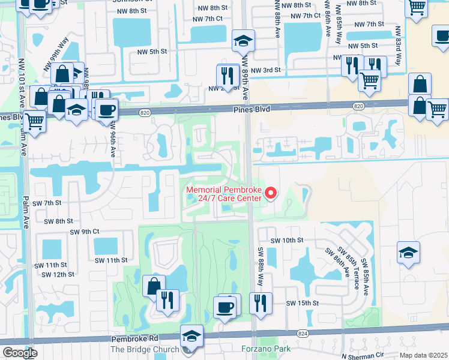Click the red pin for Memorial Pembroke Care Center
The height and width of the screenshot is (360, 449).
point(270,193)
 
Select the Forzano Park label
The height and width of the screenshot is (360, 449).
point(265,349)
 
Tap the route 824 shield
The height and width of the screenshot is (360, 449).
point(302,333)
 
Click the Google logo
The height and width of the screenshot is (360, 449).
point(19,353)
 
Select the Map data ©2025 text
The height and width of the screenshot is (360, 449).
point(423,355)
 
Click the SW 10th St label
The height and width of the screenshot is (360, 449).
point(287,240)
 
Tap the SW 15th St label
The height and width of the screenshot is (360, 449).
point(302,304)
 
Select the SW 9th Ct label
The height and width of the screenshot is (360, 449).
point(84,232)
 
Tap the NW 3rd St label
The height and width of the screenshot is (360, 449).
point(266,70)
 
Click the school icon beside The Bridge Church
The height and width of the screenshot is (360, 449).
point(191,335)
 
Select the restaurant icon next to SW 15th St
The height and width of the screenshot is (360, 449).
point(259,303)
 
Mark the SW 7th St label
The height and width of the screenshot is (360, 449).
point(47,203)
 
